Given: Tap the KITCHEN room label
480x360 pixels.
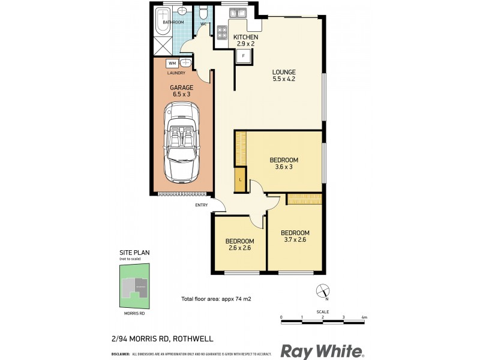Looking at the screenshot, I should [245, 37].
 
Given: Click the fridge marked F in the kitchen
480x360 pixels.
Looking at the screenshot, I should [243, 56].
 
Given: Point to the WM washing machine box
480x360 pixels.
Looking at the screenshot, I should [172, 63].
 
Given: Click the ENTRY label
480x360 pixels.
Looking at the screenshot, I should [201, 205].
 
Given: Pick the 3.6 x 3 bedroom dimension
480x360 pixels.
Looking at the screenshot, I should [284, 167].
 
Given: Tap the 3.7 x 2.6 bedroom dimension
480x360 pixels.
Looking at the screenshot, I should [295, 240].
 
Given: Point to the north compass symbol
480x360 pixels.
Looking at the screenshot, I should [322, 292].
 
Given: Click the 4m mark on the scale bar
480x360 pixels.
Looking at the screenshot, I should [364, 317].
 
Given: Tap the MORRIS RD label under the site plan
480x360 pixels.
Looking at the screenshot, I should [133, 312].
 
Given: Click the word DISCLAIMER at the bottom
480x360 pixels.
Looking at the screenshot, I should [121, 355].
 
